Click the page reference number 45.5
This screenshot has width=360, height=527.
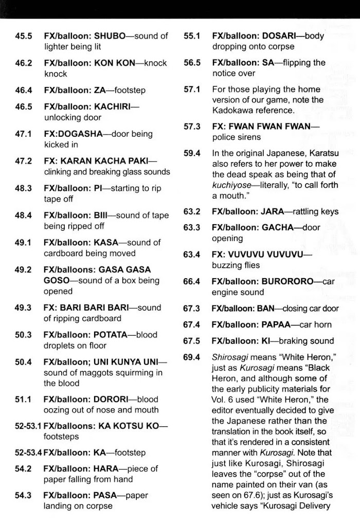[x=24, y=36]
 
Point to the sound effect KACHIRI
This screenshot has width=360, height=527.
[x=117, y=106]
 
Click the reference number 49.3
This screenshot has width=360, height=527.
[x=24, y=307]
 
